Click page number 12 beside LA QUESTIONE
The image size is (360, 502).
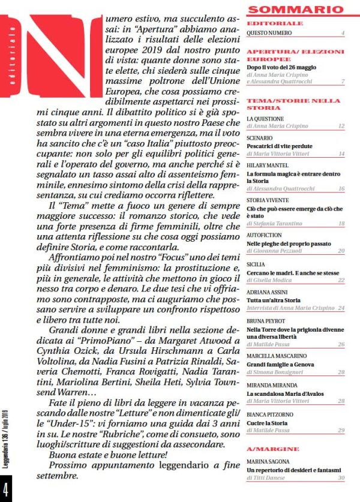coord(341,127)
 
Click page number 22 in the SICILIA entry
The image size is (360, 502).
coord(341,279)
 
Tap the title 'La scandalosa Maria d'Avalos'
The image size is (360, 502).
coord(286,392)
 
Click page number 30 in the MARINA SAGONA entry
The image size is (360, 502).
coord(341,477)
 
